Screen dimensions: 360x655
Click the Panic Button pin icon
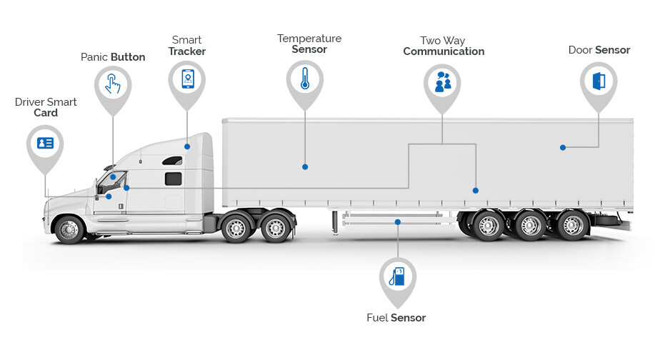[113, 83]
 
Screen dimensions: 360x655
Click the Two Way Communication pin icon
[442, 82]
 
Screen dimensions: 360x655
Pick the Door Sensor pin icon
[598, 80]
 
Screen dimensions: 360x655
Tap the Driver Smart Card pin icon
[45, 143]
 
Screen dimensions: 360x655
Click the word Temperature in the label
[309, 38]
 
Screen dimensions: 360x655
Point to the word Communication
[444, 51]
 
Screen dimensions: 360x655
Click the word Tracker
[187, 51]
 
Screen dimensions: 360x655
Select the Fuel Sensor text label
[396, 318]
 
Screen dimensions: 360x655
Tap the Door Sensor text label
[599, 50]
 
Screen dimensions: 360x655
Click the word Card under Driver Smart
[46, 113]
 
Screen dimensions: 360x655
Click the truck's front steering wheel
[69, 229]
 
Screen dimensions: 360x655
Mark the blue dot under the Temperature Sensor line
[305, 166]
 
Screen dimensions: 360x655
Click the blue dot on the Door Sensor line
[563, 147]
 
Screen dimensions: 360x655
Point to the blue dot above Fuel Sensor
[398, 222]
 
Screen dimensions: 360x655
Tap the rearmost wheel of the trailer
[572, 225]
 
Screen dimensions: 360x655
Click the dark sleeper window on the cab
[174, 179]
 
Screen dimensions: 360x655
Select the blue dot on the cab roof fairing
[187, 146]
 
